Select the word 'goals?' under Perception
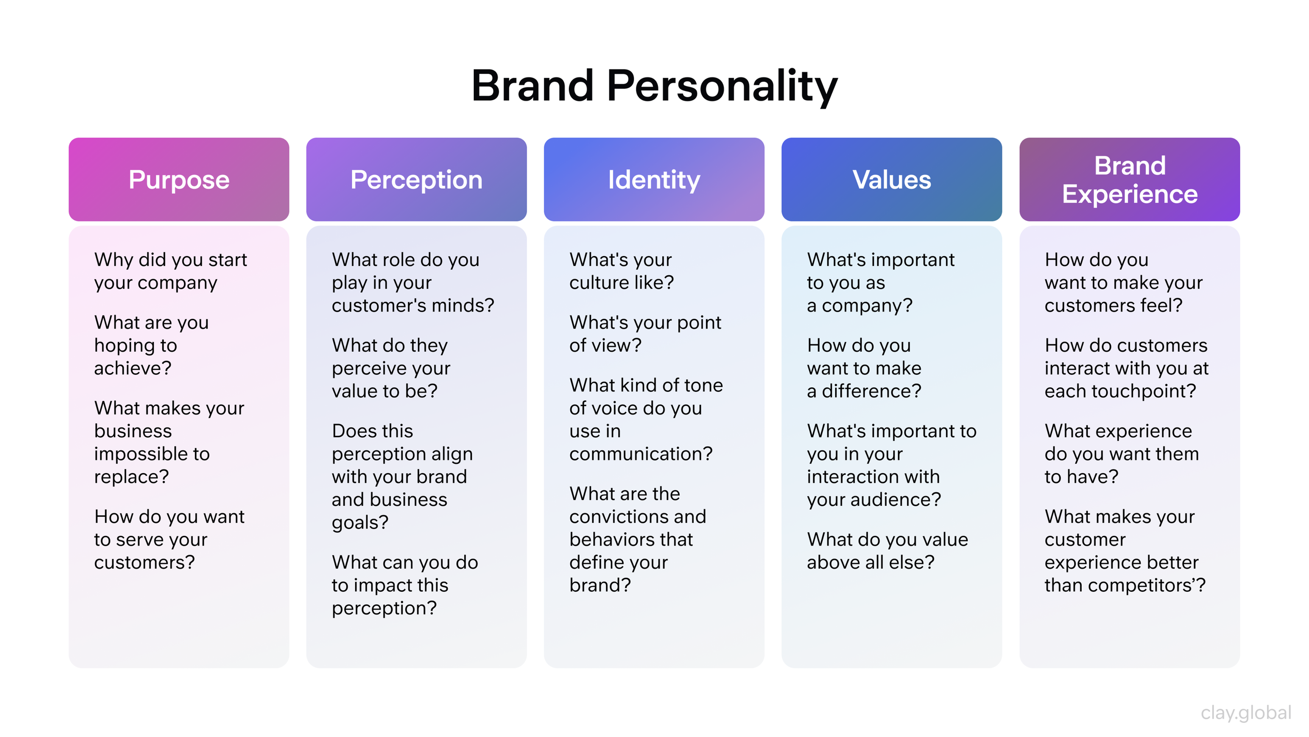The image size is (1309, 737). (360, 522)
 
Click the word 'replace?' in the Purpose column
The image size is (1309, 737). (131, 477)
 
